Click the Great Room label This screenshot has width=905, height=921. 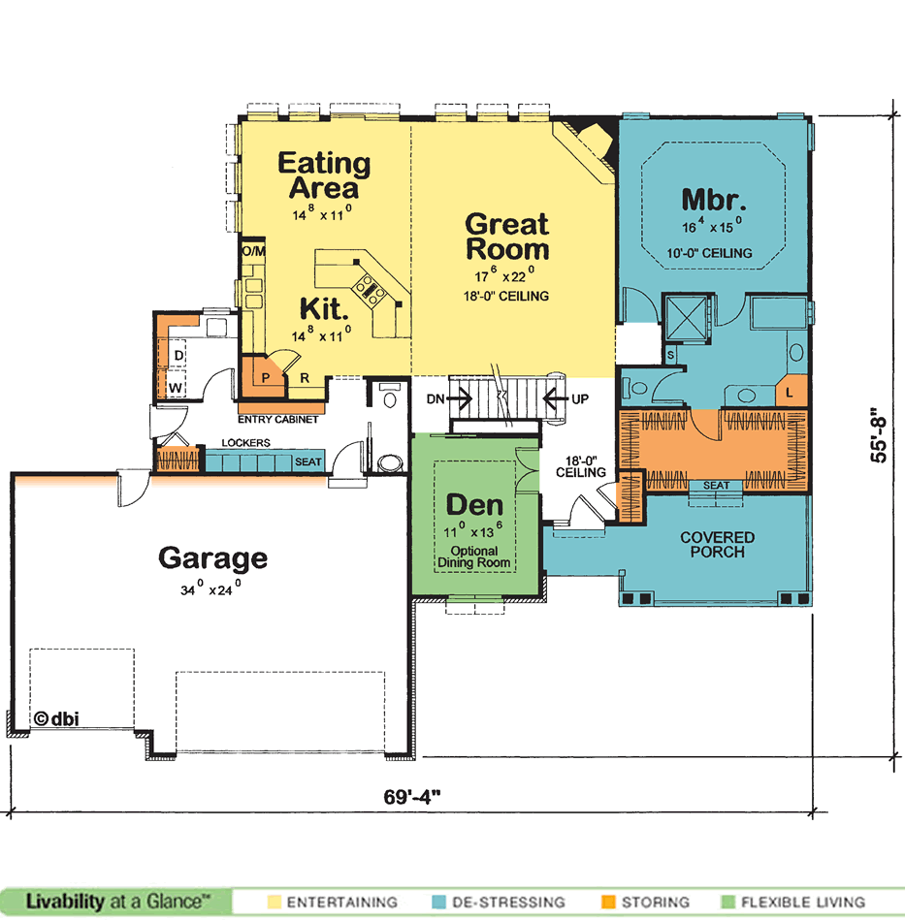tap(507, 237)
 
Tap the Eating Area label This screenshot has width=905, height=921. tap(324, 175)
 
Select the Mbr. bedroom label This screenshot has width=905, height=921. tap(714, 200)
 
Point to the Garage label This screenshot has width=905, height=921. tap(212, 558)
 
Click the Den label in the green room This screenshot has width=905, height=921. tap(475, 505)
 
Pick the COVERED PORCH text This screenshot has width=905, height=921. tap(718, 545)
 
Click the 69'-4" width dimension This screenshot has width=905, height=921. tap(412, 797)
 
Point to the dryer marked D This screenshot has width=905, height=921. tap(172, 354)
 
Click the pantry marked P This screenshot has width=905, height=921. tap(265, 377)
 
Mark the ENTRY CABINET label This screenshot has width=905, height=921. tap(278, 420)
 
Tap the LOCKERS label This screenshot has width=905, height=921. tap(245, 443)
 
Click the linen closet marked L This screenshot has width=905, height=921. tap(791, 392)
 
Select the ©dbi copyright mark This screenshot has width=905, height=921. tap(56, 719)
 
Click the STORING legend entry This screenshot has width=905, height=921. tap(646, 902)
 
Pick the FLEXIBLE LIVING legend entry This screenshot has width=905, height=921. tap(793, 902)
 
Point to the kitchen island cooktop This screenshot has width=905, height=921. tap(369, 289)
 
